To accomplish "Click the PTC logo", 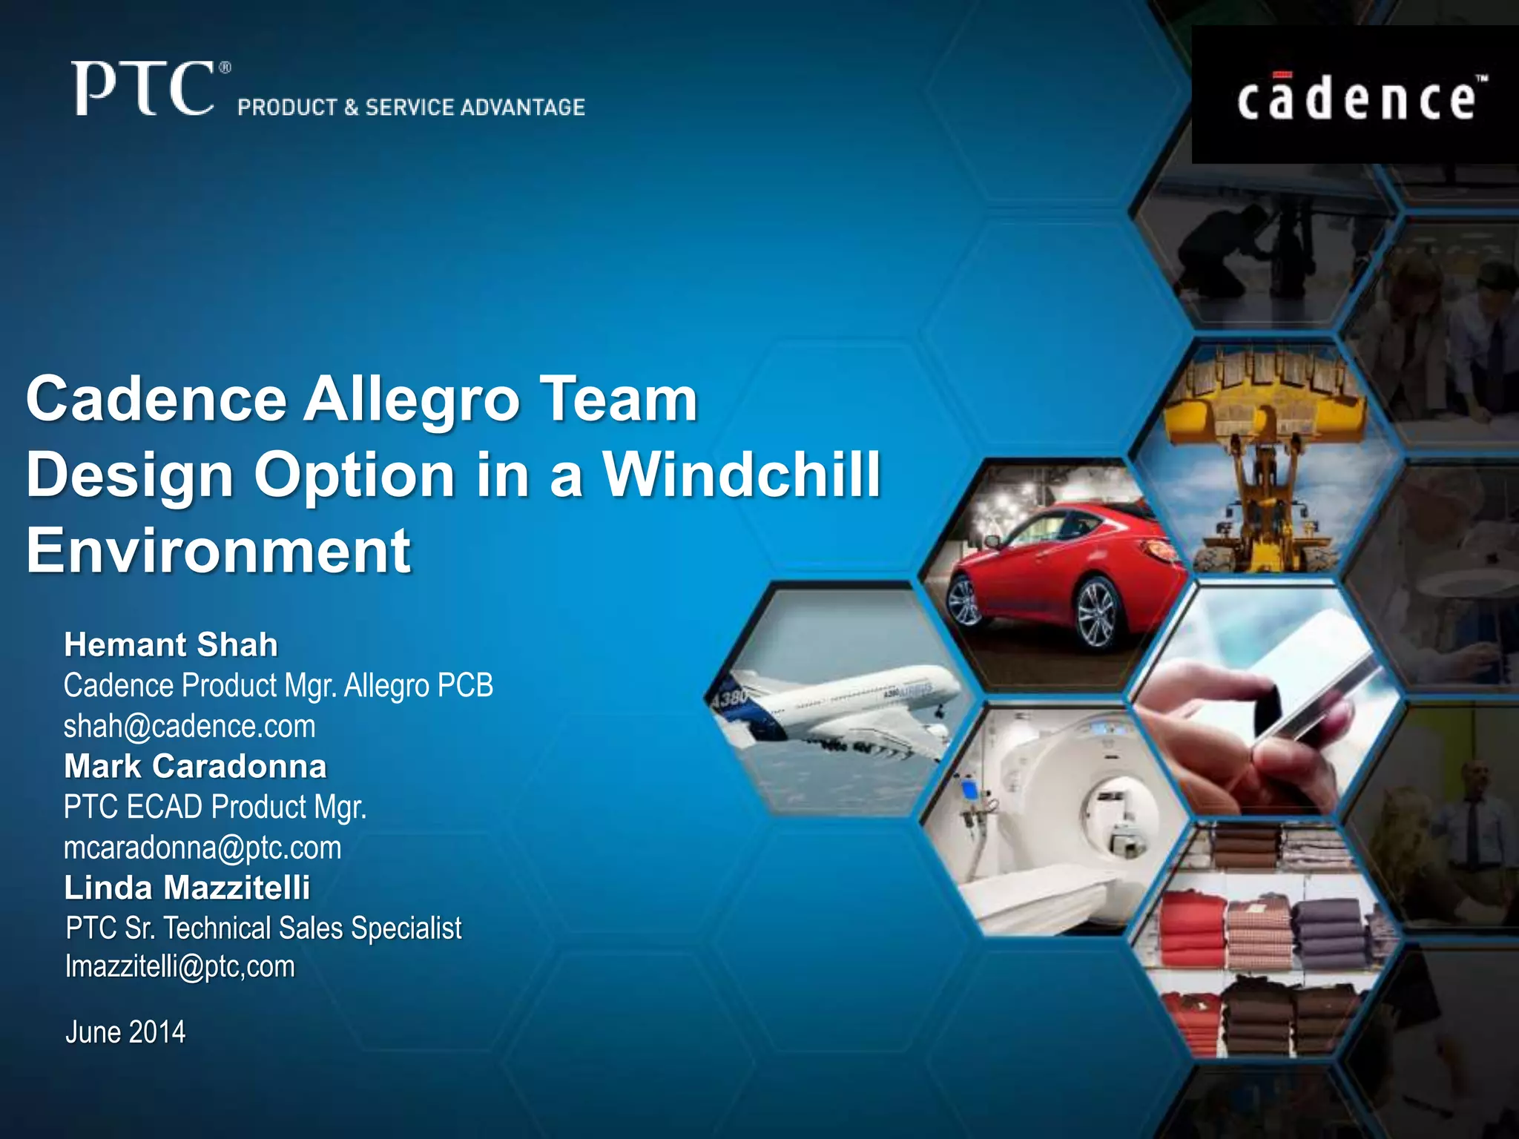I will coord(145,89).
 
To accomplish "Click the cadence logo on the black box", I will coord(1356,100).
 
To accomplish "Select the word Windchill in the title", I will coord(742,475).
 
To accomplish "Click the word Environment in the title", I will coord(219,550).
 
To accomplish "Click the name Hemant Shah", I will coord(171,644).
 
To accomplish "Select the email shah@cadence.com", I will coord(190,726).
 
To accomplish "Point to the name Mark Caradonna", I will coord(195,766).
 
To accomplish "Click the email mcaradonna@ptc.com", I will coord(202,848).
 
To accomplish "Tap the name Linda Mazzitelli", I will coord(187,888).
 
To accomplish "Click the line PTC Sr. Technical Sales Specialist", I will coord(263,928).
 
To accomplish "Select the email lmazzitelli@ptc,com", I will coord(180,966).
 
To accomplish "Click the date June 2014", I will coord(125,1032).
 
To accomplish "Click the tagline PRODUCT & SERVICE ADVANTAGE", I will coord(411,108).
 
